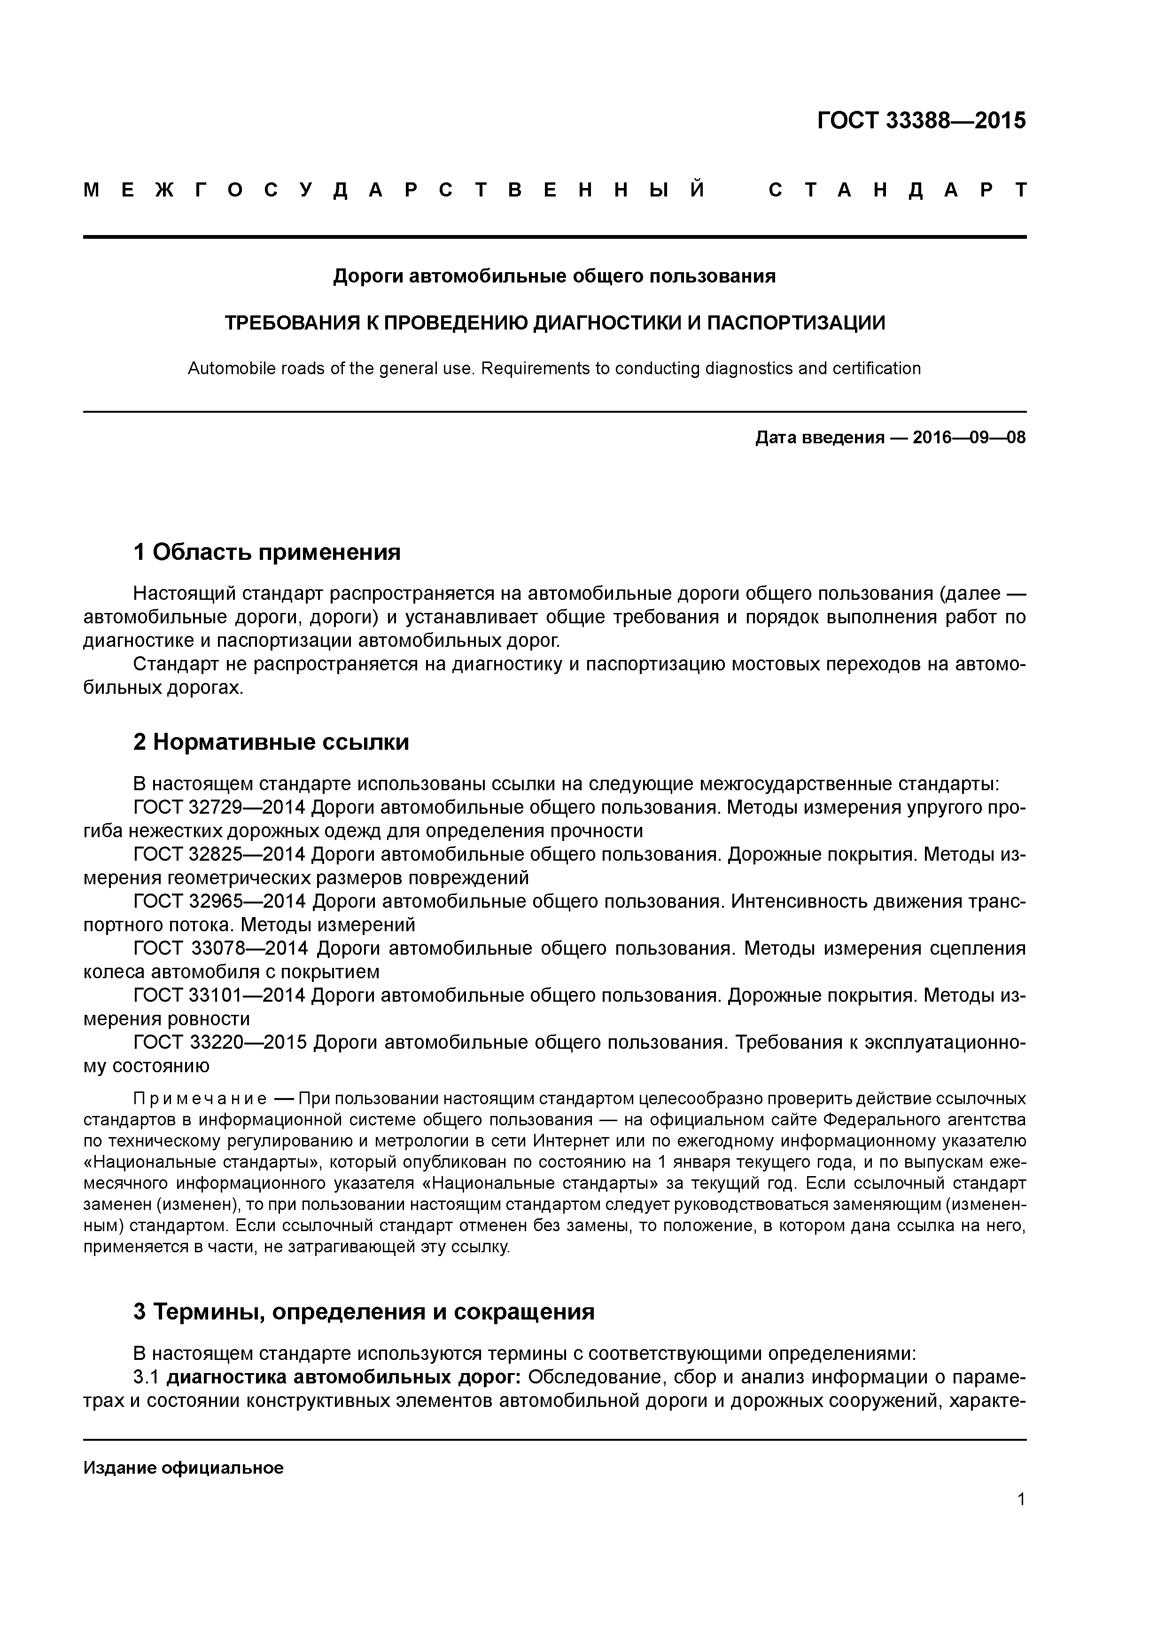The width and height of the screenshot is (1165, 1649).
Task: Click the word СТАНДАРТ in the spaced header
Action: [x=897, y=190]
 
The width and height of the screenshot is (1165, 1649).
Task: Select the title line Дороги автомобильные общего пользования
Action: [x=554, y=276]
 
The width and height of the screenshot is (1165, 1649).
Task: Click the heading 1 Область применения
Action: [x=266, y=552]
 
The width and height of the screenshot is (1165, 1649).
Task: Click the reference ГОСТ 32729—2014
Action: [x=220, y=808]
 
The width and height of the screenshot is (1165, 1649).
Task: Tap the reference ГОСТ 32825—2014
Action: [x=220, y=855]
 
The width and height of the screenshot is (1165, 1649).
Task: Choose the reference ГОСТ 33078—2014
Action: [x=220, y=949]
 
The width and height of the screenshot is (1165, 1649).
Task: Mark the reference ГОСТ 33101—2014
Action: [x=220, y=996]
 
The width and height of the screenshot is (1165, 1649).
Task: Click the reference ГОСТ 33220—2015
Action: [x=220, y=1042]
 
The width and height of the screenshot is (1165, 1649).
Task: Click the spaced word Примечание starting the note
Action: [x=200, y=1099]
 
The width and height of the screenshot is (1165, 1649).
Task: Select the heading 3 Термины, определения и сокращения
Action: [x=364, y=1312]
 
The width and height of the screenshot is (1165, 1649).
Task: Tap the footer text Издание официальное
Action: [x=184, y=1468]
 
